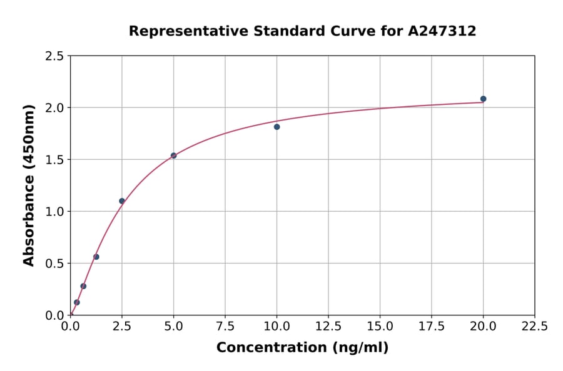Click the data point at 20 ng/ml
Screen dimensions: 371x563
(x=483, y=99)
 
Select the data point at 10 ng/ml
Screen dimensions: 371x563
(x=276, y=127)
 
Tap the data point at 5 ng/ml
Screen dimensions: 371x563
(x=173, y=156)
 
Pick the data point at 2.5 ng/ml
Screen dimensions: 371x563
(x=122, y=201)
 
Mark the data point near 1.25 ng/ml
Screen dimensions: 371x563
(x=96, y=257)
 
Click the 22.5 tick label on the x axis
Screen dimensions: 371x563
(x=534, y=326)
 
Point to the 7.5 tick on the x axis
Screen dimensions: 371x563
(x=225, y=326)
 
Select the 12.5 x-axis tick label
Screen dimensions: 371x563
(x=328, y=326)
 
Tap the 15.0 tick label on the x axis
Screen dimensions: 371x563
(x=380, y=326)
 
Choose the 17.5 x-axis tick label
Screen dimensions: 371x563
(x=432, y=326)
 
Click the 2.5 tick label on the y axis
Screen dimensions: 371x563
(x=54, y=56)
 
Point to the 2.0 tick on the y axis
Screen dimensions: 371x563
(x=54, y=108)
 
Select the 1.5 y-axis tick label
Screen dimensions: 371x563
(x=54, y=160)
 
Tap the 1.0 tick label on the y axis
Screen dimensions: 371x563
(x=54, y=212)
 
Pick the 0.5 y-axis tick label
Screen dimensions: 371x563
(x=54, y=264)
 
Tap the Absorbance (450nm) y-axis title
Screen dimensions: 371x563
(x=29, y=185)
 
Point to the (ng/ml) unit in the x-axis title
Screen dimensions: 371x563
(x=360, y=348)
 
